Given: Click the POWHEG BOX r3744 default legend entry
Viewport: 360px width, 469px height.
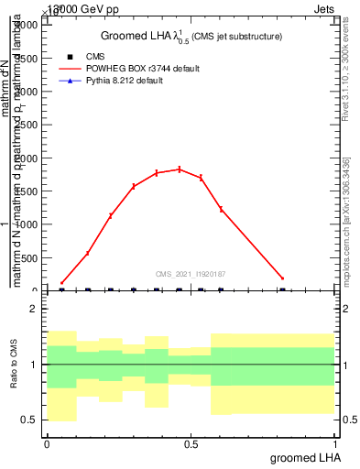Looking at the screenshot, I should (136, 69).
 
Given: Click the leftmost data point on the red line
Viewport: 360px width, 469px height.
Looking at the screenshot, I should (61, 283).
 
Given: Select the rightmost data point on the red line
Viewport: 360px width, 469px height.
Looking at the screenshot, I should (282, 278).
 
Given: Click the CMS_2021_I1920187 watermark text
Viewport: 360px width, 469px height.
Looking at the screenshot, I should (191, 274).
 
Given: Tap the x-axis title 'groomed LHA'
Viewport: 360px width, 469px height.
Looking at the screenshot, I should (303, 457).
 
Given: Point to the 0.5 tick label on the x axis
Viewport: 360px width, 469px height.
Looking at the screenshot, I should (191, 444).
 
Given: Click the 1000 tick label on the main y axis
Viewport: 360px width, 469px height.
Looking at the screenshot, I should (27, 224).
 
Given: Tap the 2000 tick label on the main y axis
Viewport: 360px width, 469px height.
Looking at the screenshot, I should (27, 158).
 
